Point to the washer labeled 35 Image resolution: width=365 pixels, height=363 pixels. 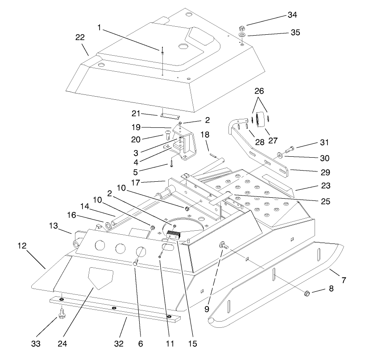point(241,35)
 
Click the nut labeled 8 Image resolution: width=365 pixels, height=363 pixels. point(307,294)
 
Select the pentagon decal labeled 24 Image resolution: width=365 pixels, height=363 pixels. point(101,277)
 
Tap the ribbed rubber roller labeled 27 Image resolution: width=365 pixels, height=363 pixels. point(261,120)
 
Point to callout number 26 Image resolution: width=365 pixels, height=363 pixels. point(259,90)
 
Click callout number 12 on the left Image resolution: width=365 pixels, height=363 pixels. point(23,245)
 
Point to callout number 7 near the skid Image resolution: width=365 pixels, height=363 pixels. point(344,281)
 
